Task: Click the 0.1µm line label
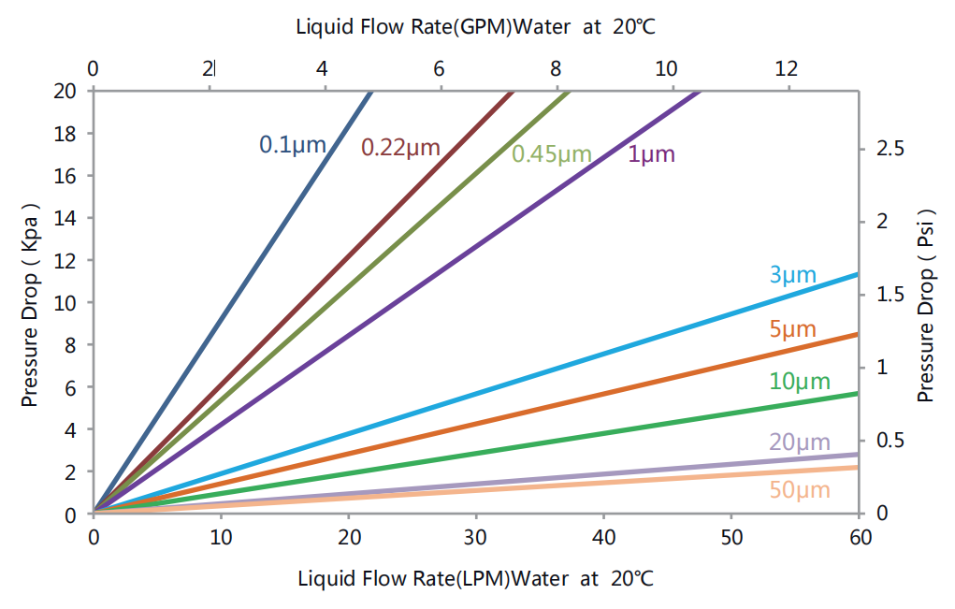tap(292, 145)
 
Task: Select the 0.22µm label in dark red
tap(399, 147)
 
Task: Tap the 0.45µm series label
tap(552, 154)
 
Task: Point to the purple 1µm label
tap(651, 154)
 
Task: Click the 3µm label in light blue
tap(792, 275)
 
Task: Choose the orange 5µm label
tap(792, 329)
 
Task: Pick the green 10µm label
tap(800, 382)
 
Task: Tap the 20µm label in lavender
tap(800, 442)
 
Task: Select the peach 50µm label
tap(800, 489)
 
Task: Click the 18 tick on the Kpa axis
tap(66, 134)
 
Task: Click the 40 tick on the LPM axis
tap(604, 538)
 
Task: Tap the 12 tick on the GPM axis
tap(788, 68)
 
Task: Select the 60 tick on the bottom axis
tap(859, 538)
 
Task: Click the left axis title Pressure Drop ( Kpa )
tap(30, 303)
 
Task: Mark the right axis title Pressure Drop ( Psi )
tap(926, 303)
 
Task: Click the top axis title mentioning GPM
tap(476, 26)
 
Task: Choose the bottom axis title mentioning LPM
tap(476, 578)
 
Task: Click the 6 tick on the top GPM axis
tap(439, 68)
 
